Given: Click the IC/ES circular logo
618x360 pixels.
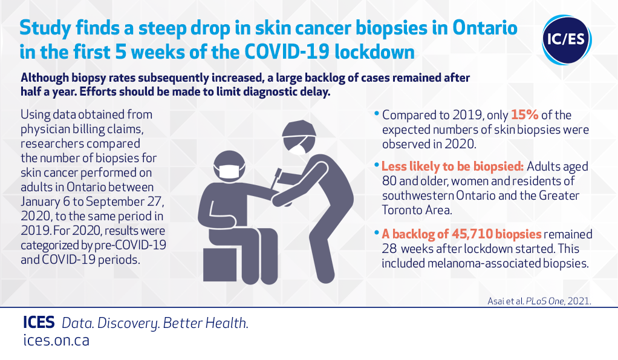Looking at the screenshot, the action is click(567, 40).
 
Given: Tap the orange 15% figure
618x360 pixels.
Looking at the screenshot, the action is click(525, 115).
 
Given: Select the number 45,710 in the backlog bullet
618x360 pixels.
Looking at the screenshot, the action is click(472, 234).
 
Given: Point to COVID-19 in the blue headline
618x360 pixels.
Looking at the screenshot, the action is click(287, 52).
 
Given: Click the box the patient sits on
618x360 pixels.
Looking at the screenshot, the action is click(220, 264).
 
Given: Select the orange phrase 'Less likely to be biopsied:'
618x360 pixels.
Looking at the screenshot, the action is click(452, 166).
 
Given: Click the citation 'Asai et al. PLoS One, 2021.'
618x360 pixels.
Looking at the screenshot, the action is click(539, 301).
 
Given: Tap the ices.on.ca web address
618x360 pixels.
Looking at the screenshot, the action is click(56, 340).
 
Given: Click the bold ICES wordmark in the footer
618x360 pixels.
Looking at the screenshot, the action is click(39, 322).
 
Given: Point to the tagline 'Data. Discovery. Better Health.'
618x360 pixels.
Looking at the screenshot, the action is click(155, 323).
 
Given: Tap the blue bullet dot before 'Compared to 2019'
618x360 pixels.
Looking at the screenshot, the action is click(377, 114).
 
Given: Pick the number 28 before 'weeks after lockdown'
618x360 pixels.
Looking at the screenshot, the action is click(389, 249).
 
